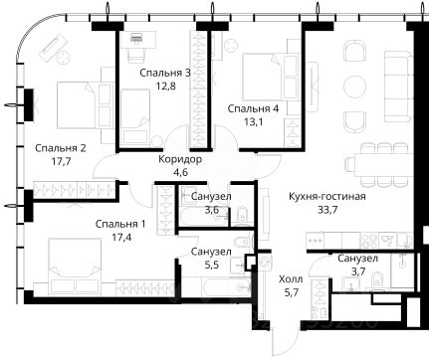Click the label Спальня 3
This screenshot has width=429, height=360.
pyautogui.click(x=165, y=73)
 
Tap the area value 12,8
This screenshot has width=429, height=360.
pyautogui.click(x=165, y=87)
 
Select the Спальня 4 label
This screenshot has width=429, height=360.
pyautogui.click(x=253, y=108)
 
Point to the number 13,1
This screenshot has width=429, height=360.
pyautogui.click(x=254, y=122)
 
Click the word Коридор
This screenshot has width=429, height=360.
pyautogui.click(x=180, y=159)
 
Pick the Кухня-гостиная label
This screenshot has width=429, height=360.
pyautogui.click(x=327, y=196)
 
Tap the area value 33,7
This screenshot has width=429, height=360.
pyautogui.click(x=327, y=210)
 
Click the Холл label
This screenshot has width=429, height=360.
pyautogui.click(x=291, y=279)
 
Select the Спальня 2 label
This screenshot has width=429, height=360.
pyautogui.click(x=61, y=148)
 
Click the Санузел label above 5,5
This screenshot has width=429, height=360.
pyautogui.click(x=211, y=252)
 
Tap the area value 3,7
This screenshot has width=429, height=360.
pyautogui.click(x=358, y=271)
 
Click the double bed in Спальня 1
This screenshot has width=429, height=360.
pyautogui.click(x=75, y=266)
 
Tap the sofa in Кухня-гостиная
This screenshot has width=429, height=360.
pyautogui.click(x=398, y=87)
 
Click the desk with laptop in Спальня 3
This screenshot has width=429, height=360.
pyautogui.click(x=138, y=39)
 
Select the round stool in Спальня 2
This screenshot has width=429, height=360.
pyautogui.click(x=63, y=58)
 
